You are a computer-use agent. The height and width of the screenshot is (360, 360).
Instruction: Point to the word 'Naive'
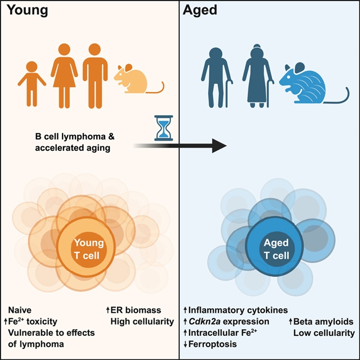pyautogui.click(x=20, y=310)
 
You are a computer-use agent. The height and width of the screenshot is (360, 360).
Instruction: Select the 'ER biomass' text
pyautogui.click(x=135, y=310)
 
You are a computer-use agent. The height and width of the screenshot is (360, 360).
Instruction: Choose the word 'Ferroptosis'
pyautogui.click(x=215, y=344)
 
